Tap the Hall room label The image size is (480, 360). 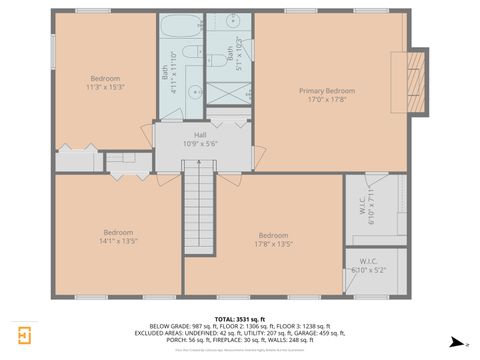[x=200, y=139]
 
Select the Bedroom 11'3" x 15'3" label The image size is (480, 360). [x=105, y=83]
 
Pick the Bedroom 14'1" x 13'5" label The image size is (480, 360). [x=117, y=236]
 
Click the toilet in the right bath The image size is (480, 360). [x=217, y=60]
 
